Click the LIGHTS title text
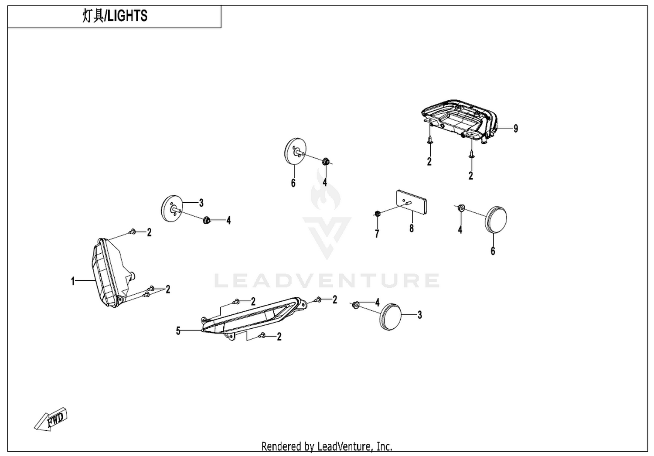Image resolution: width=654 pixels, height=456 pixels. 115,16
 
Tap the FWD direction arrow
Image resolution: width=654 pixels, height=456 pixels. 51,419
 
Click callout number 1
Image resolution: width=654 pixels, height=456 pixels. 73,281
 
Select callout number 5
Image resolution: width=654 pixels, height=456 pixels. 178,331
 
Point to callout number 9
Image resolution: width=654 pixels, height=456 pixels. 516,128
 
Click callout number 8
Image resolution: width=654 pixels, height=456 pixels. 412,228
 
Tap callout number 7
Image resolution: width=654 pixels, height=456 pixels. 377,234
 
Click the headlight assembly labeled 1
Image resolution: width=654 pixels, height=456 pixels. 114,273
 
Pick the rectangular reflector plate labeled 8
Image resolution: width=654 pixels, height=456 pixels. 411,202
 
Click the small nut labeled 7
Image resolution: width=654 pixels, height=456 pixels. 377,214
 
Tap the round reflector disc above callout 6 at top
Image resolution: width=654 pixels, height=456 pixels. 295,152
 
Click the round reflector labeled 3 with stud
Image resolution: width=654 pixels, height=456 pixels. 172,208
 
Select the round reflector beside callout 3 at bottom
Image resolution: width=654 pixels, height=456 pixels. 391,317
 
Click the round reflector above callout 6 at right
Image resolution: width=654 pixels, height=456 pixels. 496,220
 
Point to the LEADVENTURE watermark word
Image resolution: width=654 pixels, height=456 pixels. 327,281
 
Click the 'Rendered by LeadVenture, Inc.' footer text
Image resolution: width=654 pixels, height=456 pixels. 327,446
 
